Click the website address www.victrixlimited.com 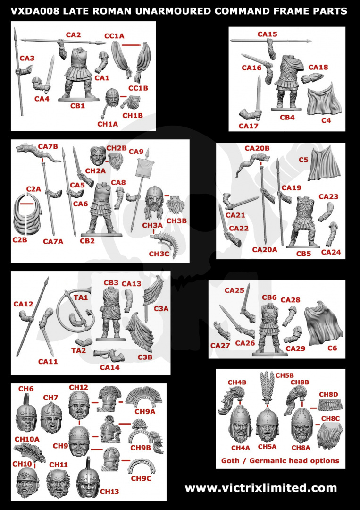(x=260, y=488)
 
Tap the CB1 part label (x=77, y=106)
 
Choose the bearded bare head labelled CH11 (x=59, y=484)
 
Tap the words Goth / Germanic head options (x=280, y=460)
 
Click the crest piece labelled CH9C (x=142, y=467)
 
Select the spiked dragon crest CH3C (x=166, y=244)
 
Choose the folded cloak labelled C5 (x=323, y=164)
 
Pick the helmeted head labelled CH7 (x=51, y=417)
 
